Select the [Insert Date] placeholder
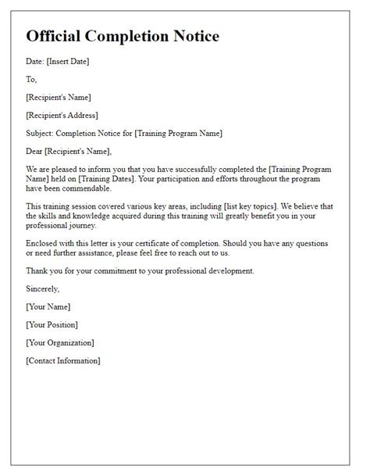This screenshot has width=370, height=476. click(x=69, y=62)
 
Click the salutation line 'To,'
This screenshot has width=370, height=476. click(x=31, y=79)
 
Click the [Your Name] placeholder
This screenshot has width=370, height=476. click(x=48, y=306)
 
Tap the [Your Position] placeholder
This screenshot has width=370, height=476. click(x=52, y=324)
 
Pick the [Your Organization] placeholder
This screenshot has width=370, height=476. click(x=59, y=342)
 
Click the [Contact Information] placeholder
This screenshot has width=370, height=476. click(x=62, y=360)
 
